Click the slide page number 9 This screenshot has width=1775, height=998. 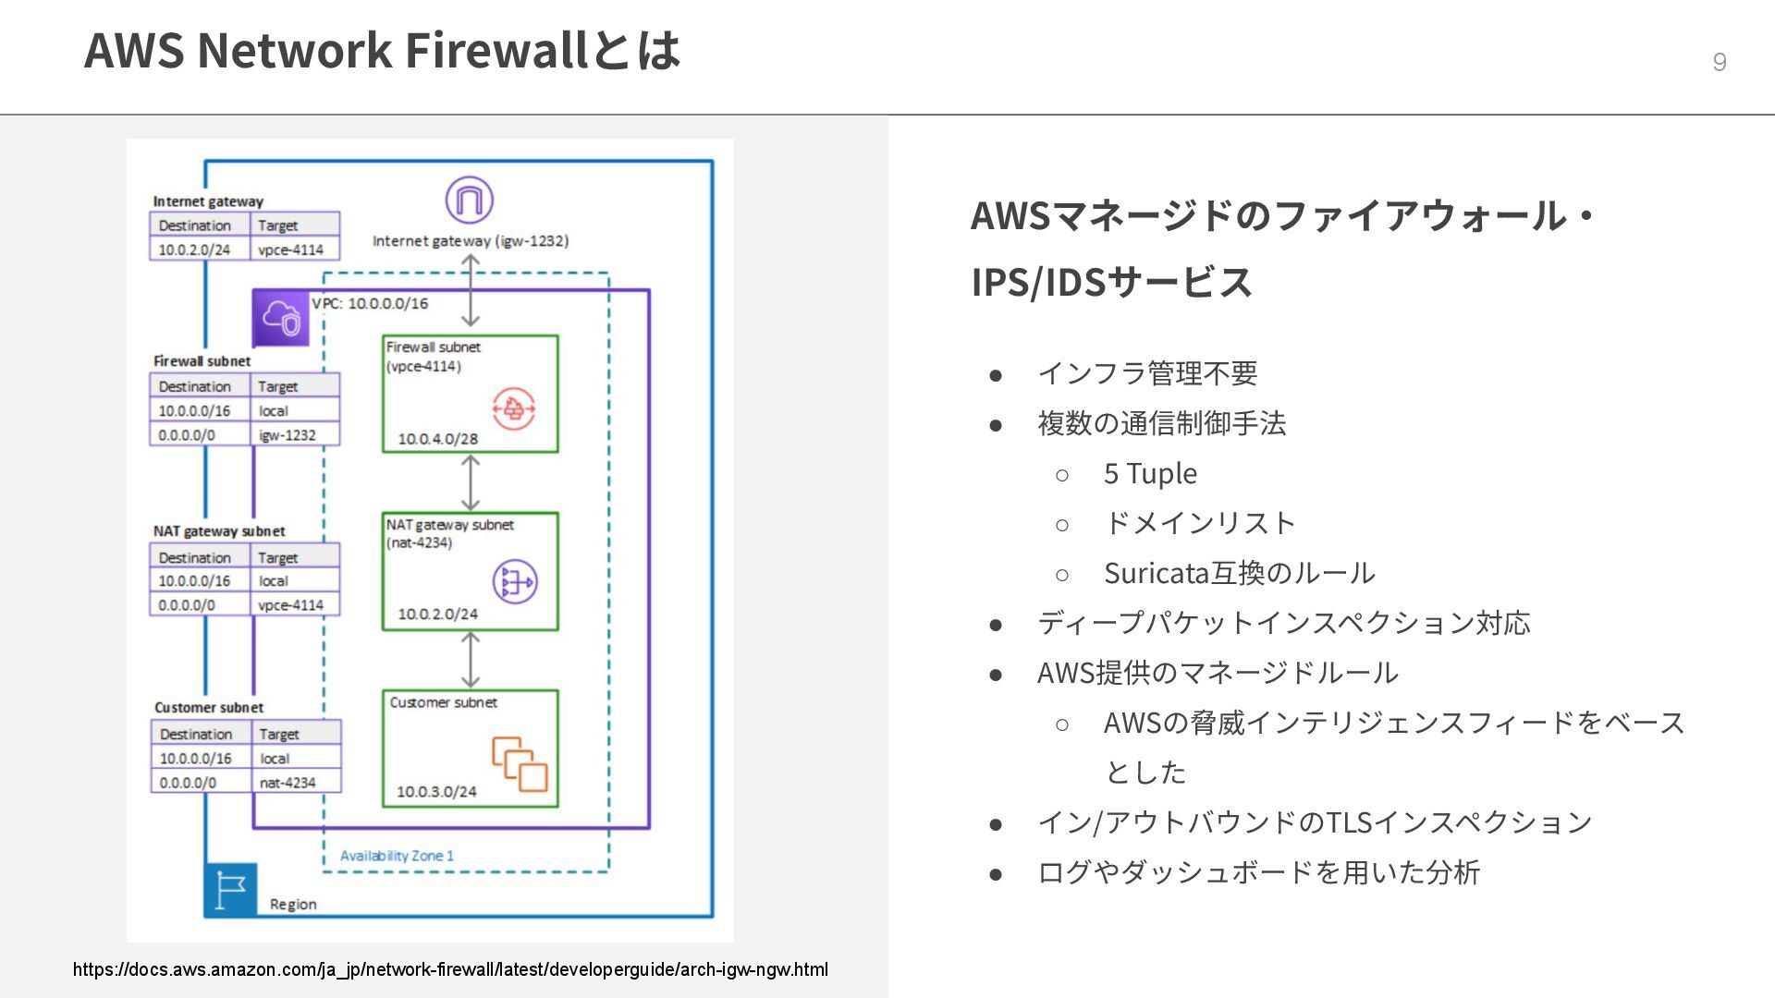tap(1719, 62)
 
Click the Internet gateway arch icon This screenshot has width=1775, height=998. tap(470, 200)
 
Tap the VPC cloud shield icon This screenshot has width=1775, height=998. tap(281, 318)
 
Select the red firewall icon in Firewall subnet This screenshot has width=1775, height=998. tap(513, 408)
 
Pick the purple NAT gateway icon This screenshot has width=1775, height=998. tap(515, 581)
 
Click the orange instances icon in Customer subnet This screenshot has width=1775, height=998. tap(520, 763)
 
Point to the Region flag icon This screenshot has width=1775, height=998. tap(230, 890)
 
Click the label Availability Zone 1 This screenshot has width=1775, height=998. tap(397, 856)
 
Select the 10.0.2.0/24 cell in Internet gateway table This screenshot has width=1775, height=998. tap(194, 249)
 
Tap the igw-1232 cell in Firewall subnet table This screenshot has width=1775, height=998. tap(288, 435)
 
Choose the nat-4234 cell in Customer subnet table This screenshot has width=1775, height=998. tap(288, 783)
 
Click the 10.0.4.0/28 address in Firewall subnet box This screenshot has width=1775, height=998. tap(437, 439)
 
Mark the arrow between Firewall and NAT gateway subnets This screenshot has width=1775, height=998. tap(471, 482)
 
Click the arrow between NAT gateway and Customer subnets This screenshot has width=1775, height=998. tap(471, 660)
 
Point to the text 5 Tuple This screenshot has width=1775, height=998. tap(1150, 473)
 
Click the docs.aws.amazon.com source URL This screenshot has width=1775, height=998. tap(450, 969)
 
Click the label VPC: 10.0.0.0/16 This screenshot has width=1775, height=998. tap(370, 303)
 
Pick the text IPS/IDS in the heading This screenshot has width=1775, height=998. tap(1038, 282)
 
